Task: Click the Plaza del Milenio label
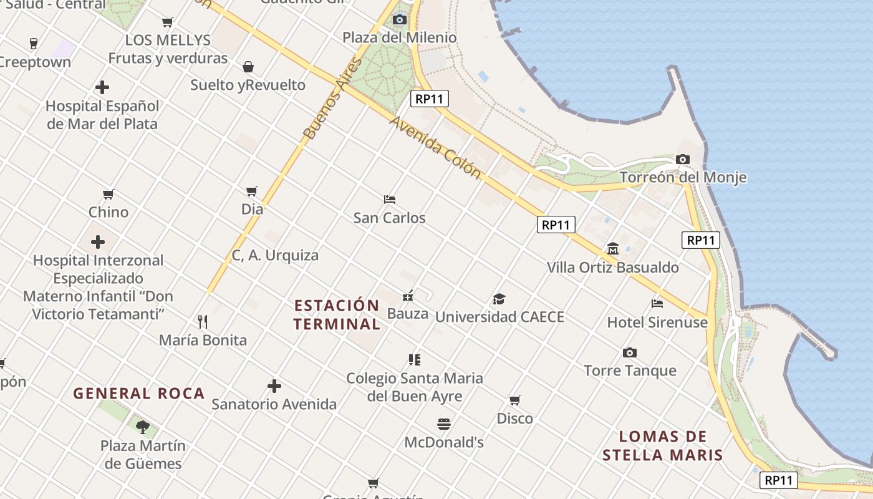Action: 399,37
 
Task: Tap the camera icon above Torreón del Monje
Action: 683,159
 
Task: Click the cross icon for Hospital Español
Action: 102,87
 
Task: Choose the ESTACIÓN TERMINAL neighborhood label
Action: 337,315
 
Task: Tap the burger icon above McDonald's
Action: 444,424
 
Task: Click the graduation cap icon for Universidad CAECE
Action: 499,299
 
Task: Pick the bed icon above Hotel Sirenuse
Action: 657,304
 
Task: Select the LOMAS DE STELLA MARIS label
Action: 663,445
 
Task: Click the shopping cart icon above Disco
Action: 514,400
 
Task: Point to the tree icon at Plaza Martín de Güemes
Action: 143,427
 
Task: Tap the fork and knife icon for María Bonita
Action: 203,322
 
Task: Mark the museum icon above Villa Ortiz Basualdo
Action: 612,249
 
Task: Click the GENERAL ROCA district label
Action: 139,394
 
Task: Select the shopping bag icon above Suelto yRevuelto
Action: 248,67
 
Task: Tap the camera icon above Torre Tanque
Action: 630,353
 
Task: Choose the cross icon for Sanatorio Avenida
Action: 274,386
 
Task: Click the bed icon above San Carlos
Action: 390,200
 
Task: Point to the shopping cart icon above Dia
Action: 252,191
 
